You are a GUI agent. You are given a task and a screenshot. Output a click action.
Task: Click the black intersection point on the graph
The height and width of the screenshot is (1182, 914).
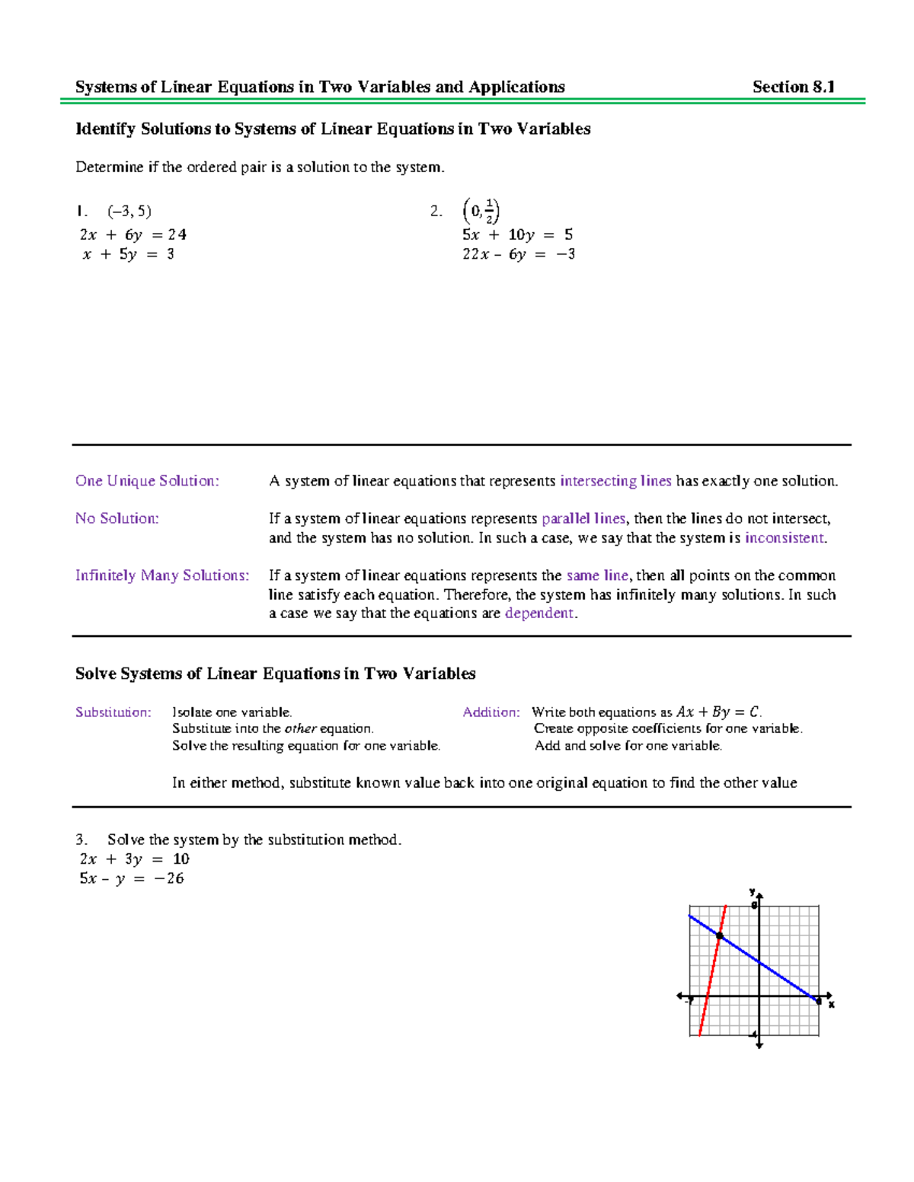(719, 935)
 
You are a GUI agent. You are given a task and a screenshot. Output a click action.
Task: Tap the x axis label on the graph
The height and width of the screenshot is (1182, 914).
(832, 1005)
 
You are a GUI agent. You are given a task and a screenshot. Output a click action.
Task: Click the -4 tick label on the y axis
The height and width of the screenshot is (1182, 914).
(753, 1034)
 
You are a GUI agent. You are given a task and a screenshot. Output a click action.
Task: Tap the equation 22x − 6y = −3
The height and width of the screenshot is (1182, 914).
(518, 254)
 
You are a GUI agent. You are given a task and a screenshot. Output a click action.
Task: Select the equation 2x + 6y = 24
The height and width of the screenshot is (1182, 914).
(133, 234)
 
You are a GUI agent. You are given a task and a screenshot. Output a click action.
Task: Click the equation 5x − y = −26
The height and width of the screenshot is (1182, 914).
(132, 878)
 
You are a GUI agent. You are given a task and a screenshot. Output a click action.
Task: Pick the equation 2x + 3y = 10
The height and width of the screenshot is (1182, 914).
(134, 859)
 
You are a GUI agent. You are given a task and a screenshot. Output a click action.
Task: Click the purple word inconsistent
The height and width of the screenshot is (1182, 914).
(785, 538)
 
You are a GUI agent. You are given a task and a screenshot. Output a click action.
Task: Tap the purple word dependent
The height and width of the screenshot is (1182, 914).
(539, 613)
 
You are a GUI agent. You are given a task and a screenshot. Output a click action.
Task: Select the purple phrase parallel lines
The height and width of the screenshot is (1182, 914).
(583, 519)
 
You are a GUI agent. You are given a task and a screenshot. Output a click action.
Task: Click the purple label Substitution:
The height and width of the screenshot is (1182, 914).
(113, 712)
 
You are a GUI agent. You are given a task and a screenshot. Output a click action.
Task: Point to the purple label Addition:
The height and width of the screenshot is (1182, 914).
(491, 712)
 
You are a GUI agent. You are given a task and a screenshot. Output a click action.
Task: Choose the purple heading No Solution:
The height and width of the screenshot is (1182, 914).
(117, 519)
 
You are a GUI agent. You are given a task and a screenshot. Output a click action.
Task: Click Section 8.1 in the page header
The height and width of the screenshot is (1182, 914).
(793, 87)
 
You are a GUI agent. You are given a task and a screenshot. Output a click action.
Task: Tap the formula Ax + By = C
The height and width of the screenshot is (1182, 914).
(717, 712)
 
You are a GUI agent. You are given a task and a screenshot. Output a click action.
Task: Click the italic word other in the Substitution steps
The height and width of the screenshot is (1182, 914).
(300, 729)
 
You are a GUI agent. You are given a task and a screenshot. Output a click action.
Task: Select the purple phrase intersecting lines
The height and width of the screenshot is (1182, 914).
(615, 481)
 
